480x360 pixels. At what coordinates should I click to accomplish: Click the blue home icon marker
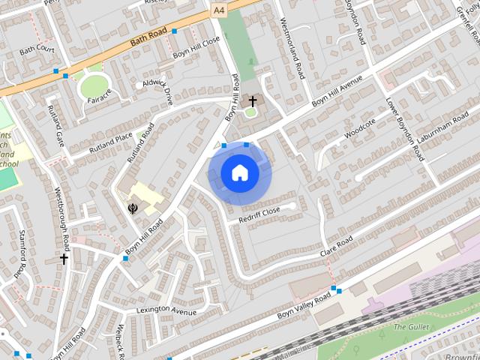(x=240, y=173)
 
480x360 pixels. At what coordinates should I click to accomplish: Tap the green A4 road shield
(x=218, y=10)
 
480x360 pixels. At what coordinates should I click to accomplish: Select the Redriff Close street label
(x=259, y=215)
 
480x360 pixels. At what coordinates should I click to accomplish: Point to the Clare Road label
(x=337, y=246)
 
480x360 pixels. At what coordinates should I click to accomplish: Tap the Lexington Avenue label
(x=166, y=310)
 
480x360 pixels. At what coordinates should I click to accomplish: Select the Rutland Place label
(x=110, y=141)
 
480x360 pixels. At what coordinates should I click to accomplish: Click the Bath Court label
(x=37, y=49)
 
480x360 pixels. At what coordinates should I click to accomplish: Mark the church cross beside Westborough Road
(x=64, y=259)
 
